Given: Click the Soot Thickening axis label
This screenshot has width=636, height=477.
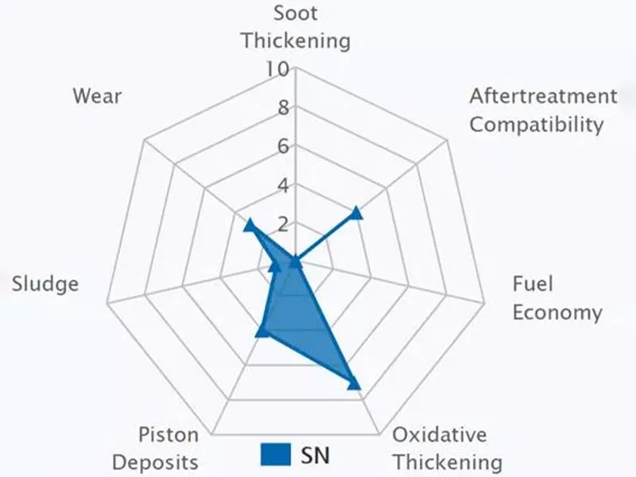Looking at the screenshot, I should coord(296,26).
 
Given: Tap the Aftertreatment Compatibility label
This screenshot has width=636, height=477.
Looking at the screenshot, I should coord(542,111).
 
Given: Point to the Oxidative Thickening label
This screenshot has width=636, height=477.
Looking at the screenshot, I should coord(448,448).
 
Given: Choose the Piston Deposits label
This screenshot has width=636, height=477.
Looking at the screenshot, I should coord(155,448).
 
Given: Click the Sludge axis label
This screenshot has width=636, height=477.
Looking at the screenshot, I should coord(45,284).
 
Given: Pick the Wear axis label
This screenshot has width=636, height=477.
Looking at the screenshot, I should coord(97,97).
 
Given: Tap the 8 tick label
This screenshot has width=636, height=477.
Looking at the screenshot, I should coord(282,108).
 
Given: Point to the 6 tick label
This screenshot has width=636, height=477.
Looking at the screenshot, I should coord(282,146).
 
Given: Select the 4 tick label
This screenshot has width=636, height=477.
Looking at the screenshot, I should coord(282,185).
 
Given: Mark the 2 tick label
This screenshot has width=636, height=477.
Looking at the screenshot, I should coord(282,223).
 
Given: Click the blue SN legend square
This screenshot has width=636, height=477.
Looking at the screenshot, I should coord(275,454).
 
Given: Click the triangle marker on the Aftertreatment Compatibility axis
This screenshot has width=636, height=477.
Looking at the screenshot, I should coord(356,212).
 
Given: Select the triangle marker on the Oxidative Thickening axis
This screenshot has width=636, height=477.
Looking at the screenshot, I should coord(354,384).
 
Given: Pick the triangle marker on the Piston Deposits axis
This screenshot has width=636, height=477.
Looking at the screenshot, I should coord(260,332).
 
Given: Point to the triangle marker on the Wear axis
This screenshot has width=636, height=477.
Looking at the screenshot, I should coord(249,225).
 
